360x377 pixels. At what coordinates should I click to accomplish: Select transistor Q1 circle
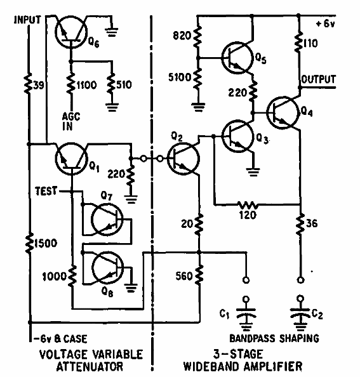(71, 157)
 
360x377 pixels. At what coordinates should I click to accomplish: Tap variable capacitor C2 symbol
(298, 314)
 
